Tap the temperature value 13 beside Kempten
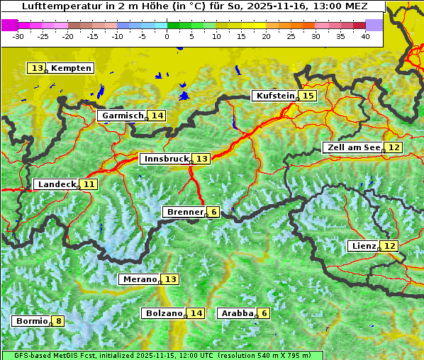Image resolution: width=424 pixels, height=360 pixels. [37, 68]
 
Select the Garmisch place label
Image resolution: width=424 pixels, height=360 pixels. [122, 116]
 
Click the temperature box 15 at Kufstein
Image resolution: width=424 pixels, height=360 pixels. [307, 96]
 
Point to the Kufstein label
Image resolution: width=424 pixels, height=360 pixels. [274, 96]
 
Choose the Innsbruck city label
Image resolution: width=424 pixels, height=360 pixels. [165, 159]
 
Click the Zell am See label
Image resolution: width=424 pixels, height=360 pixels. [352, 147]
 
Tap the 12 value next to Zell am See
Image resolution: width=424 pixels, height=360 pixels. [394, 147]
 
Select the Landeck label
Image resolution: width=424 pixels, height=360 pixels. [56, 184]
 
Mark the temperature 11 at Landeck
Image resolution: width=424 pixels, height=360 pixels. [88, 184]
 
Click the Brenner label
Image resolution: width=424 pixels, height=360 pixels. [184, 212]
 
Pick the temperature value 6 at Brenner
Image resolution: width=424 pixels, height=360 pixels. [213, 212]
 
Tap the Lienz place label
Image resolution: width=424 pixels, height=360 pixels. [363, 246]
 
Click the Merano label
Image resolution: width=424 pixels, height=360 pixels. [139, 279]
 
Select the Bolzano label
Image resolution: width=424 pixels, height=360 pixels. [163, 313]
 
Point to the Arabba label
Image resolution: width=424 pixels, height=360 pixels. [237, 313]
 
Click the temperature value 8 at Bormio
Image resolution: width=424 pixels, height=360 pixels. [58, 321]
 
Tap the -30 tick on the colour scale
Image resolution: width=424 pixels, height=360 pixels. [18, 35]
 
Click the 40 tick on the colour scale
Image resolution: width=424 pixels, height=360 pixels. [365, 35]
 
